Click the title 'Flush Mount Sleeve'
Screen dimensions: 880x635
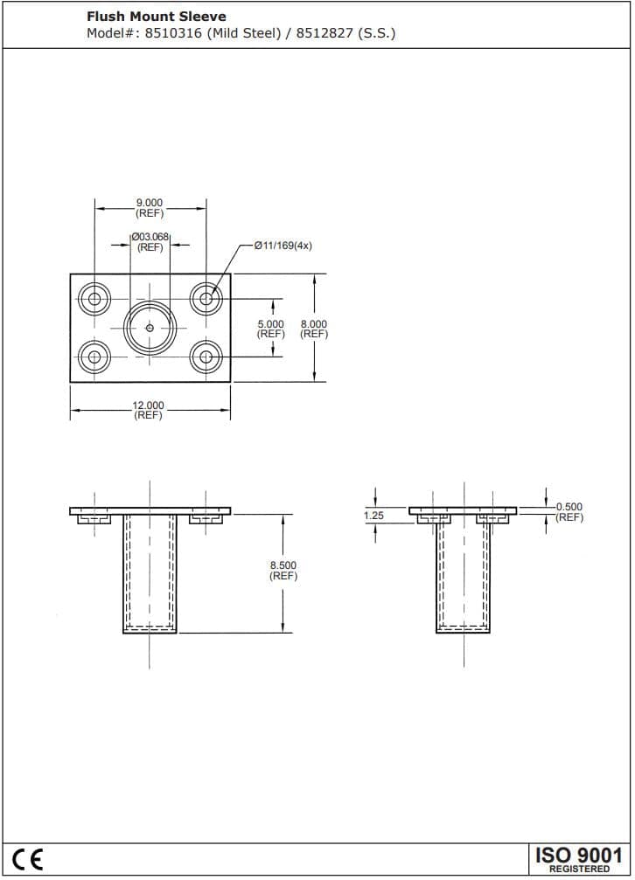[x=156, y=16]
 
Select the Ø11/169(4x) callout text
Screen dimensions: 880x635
[x=283, y=246]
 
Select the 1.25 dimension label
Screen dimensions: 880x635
[x=373, y=516]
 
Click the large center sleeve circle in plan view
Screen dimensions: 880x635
[x=150, y=328]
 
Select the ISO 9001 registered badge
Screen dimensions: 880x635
[x=578, y=858]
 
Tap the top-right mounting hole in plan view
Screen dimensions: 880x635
[x=206, y=299]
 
